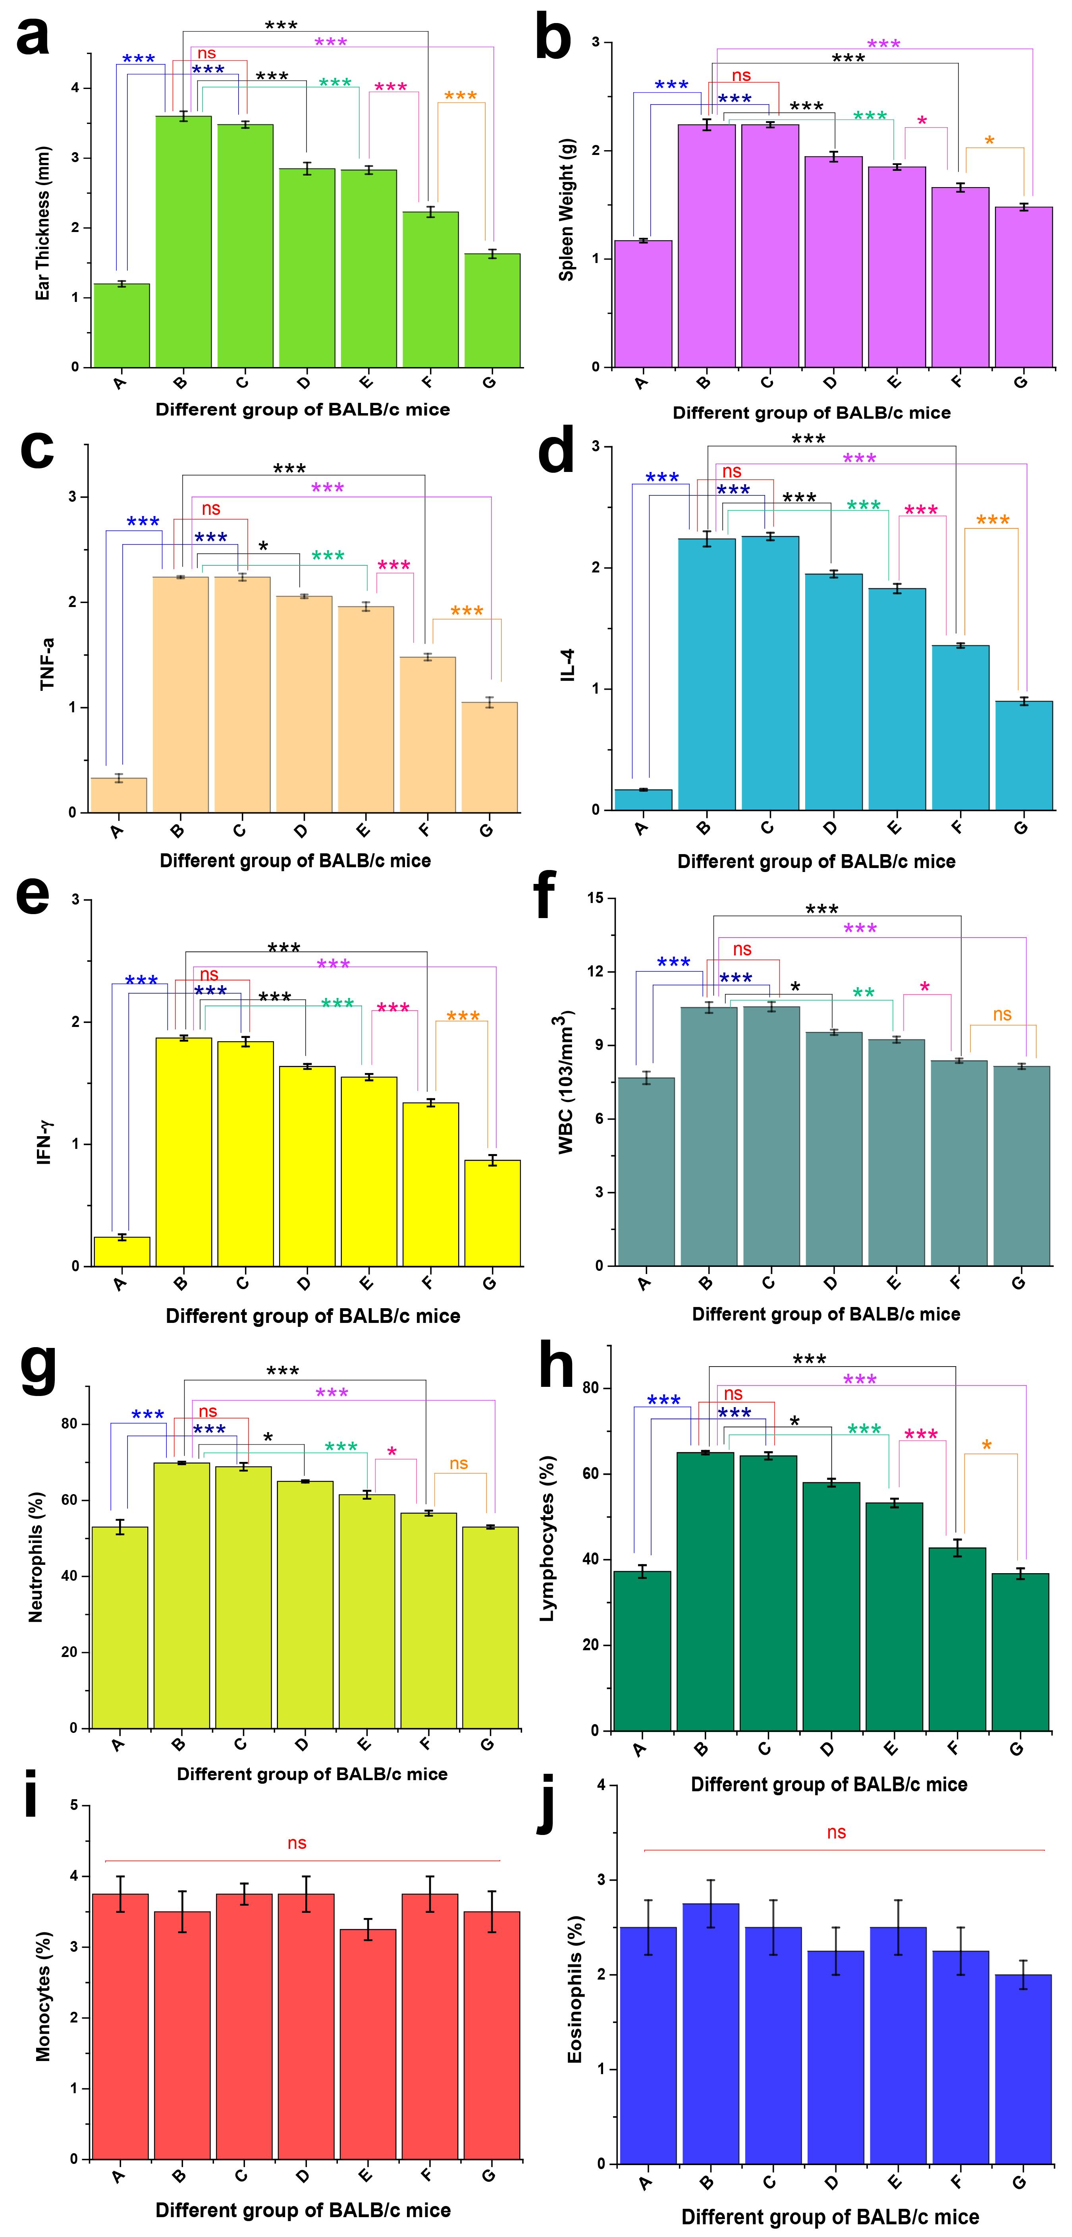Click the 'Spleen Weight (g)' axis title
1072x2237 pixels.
point(567,209)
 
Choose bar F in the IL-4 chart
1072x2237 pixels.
point(960,728)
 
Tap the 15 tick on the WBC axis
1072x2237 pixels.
point(596,899)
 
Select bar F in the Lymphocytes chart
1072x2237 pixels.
point(957,1640)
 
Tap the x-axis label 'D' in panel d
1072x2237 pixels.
point(831,828)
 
